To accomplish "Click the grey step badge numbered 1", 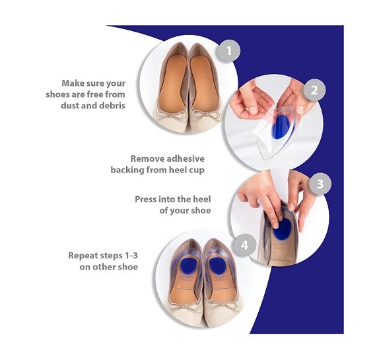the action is coord(228,51).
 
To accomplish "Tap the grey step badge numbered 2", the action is coord(314,90).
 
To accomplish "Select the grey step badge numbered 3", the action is coord(320,184).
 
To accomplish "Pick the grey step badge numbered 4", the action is coord(244,245).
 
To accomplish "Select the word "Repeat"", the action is coord(83,256).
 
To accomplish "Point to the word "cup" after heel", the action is coord(197,170).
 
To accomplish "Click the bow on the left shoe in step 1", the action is coord(172,115).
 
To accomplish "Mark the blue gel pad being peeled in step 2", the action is coord(283,127).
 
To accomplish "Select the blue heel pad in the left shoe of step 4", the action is coord(188,266).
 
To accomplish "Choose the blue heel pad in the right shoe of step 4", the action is coord(217,266).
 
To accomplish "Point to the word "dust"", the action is coord(70,106).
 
